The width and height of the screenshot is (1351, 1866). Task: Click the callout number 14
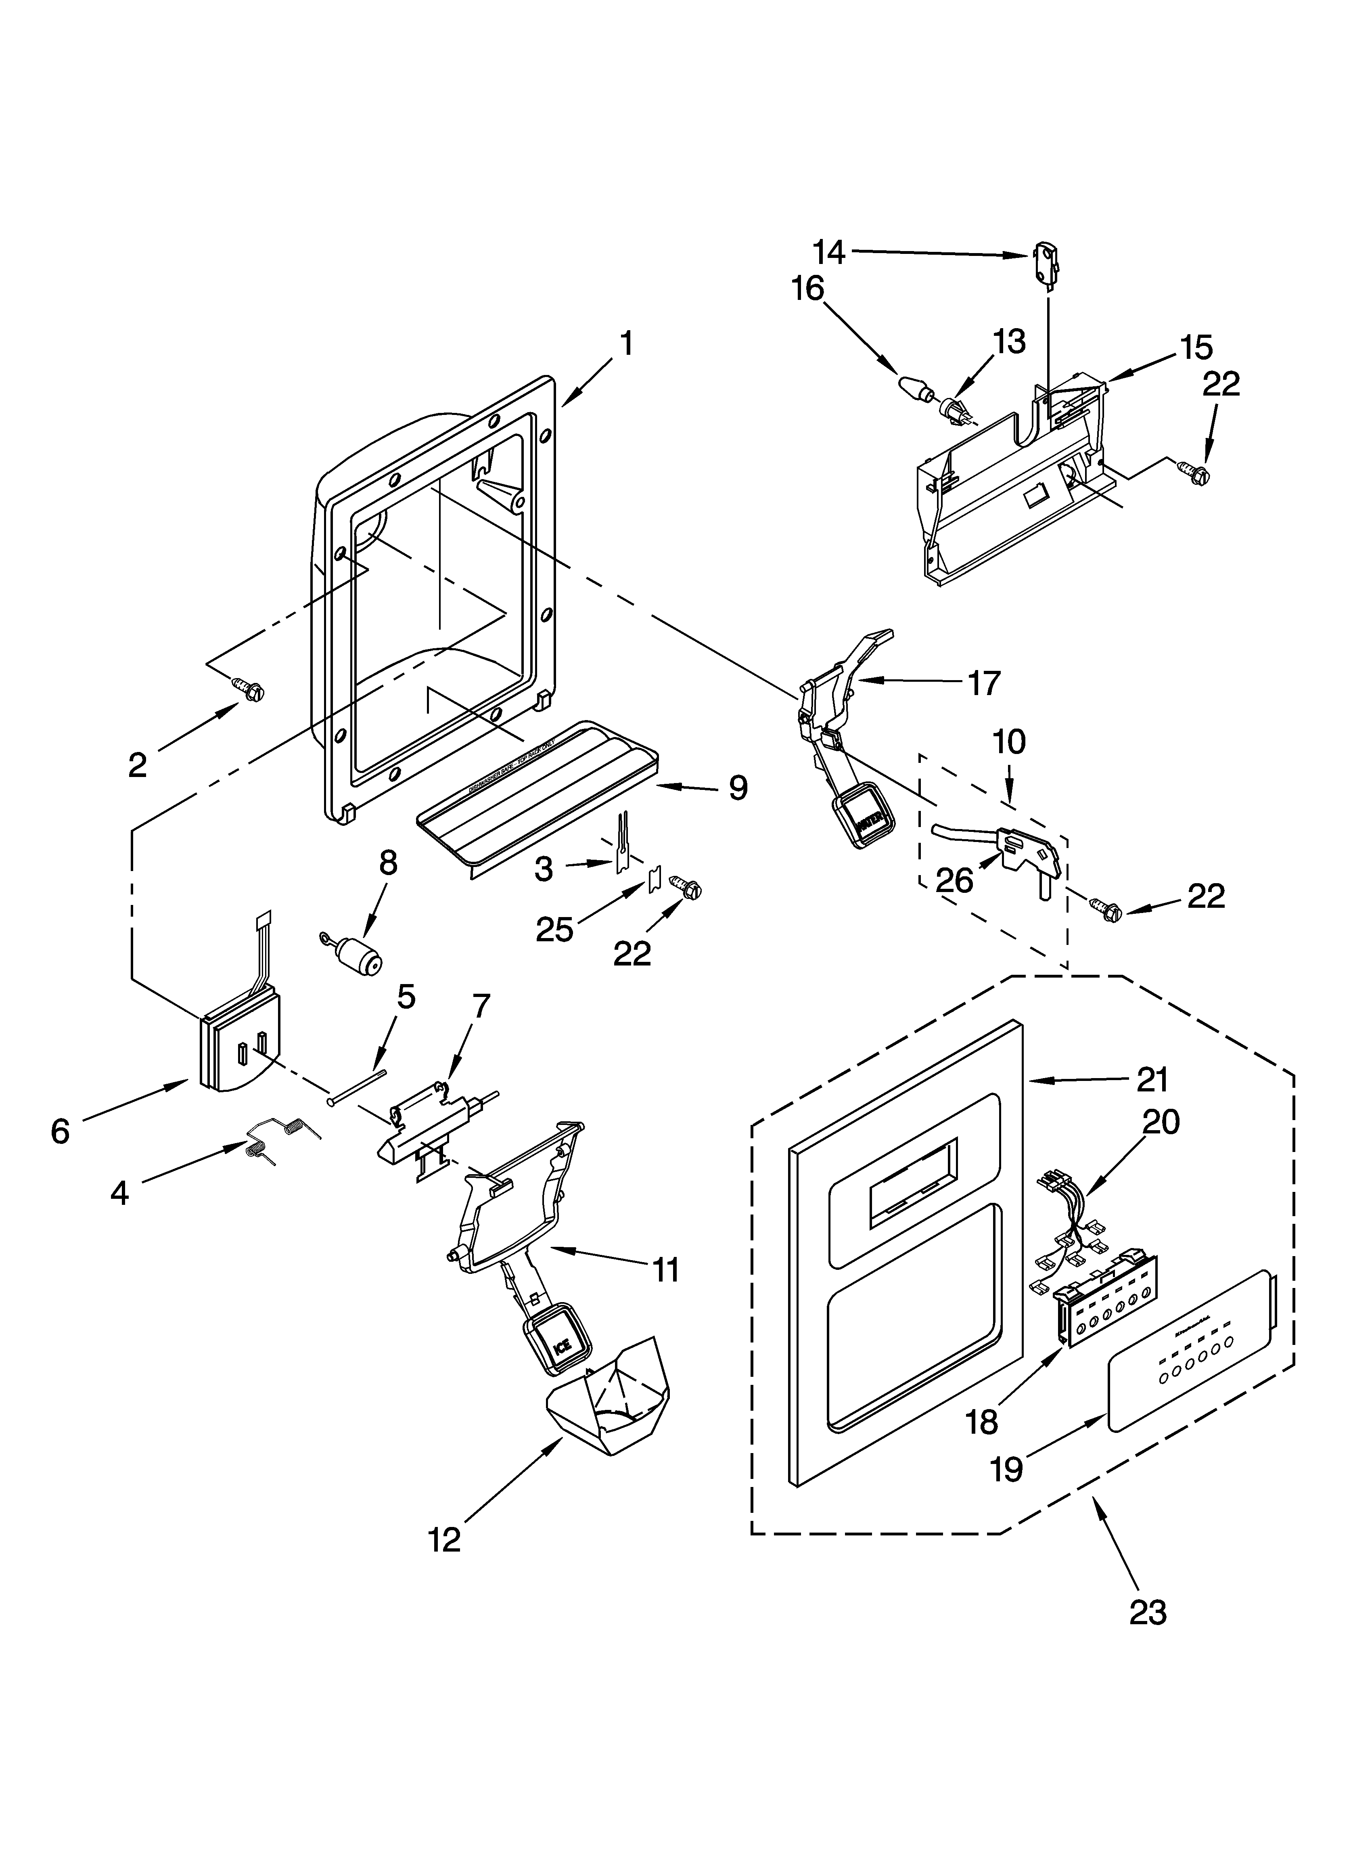(829, 253)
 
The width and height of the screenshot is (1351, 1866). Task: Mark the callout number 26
(954, 880)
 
